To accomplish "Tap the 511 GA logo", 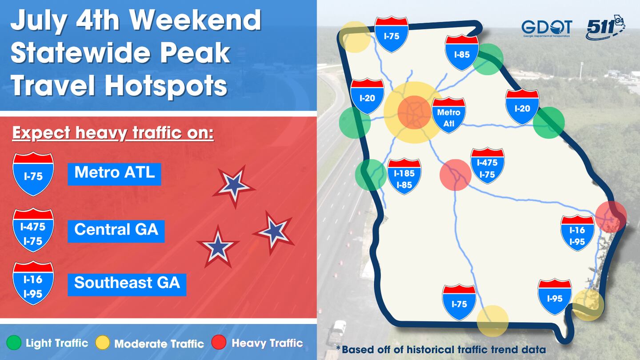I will [x=605, y=28].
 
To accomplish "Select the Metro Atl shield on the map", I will [x=449, y=115].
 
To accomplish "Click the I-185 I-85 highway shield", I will [x=404, y=176].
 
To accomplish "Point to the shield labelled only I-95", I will [x=555, y=297].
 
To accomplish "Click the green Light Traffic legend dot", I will [x=15, y=343].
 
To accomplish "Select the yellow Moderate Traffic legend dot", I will [x=103, y=343].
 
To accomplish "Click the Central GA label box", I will [x=116, y=230].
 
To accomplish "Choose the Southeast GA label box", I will [x=127, y=283].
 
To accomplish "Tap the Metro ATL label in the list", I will [x=114, y=172].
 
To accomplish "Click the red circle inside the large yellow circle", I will [x=414, y=112].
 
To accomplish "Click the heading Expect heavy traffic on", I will [x=113, y=133].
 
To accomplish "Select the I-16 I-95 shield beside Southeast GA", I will [x=33, y=283].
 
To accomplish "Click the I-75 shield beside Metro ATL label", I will [x=33, y=174].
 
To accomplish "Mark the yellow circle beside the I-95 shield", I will [x=588, y=305].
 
